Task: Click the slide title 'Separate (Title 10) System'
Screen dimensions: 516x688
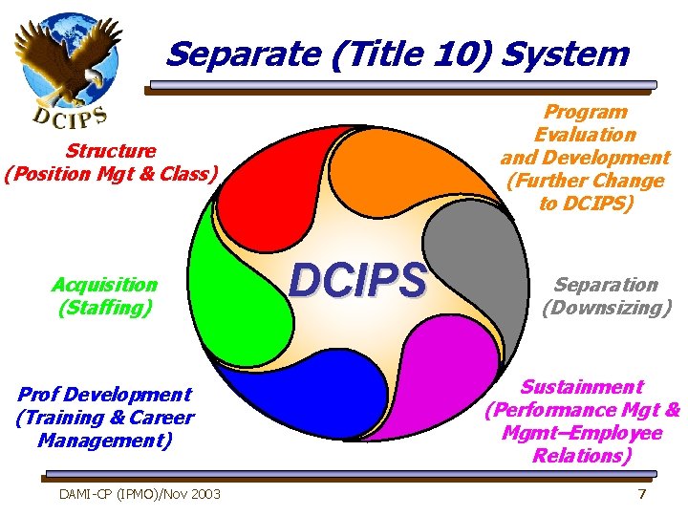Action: (x=397, y=54)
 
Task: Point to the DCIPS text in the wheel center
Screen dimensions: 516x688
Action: (x=357, y=281)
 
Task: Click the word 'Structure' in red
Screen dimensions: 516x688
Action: (x=111, y=151)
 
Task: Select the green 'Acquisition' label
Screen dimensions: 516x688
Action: (x=105, y=285)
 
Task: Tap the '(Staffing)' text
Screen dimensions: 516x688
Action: (x=105, y=308)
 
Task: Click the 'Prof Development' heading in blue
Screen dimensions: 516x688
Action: (x=105, y=394)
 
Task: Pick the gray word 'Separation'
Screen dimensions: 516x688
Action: (x=606, y=285)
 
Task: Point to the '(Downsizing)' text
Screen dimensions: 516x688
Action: (x=606, y=308)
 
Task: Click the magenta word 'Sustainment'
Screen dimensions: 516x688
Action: (x=581, y=387)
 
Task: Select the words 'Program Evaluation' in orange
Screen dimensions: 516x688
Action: (x=584, y=123)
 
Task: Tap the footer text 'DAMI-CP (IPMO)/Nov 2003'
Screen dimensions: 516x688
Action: (x=140, y=493)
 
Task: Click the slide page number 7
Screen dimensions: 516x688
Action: (x=642, y=493)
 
